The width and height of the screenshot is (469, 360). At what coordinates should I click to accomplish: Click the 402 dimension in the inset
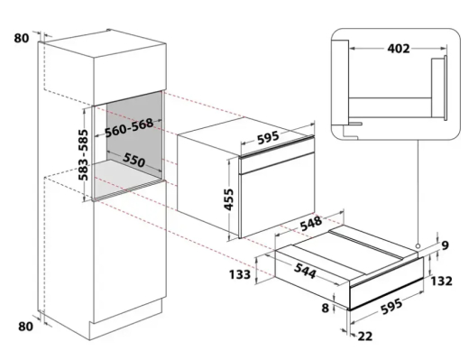[x=399, y=49]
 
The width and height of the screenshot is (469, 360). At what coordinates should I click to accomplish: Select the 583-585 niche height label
[x=83, y=155]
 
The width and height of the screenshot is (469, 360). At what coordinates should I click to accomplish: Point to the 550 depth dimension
[x=133, y=160]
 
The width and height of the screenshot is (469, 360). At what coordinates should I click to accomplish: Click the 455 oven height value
[x=228, y=199]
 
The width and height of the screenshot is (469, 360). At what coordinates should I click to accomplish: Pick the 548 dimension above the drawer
[x=310, y=223]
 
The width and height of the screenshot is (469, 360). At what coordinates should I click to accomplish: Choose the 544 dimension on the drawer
[x=305, y=270]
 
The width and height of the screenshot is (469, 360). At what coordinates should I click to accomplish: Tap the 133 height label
[x=240, y=274]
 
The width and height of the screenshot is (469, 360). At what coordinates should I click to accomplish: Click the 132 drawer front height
[x=441, y=281]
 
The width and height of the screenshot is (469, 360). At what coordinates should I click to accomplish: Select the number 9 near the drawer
[x=445, y=245]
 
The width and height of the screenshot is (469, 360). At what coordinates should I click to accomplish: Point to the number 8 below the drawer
[x=326, y=308]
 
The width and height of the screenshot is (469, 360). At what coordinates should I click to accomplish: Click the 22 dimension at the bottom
[x=365, y=336]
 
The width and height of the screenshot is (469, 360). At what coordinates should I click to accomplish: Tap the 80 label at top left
[x=22, y=38]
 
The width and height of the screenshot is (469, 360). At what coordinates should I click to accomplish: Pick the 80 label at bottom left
[x=25, y=326]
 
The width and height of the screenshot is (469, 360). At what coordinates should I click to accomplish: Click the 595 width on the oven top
[x=268, y=137]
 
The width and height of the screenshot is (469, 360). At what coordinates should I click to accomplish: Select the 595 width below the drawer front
[x=391, y=306]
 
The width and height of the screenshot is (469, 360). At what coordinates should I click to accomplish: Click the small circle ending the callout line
[x=418, y=246]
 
